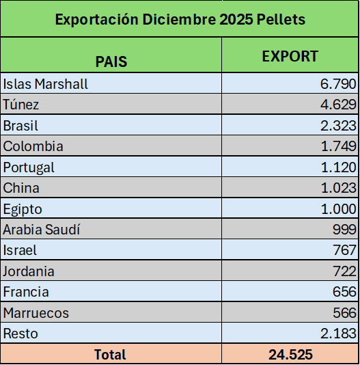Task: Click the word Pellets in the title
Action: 281,19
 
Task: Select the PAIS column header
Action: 111,62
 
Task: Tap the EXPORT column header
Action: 290,56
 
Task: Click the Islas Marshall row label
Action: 45,84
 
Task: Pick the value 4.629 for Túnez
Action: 338,105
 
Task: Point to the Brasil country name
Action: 20,126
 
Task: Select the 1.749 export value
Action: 338,146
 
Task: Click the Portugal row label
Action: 29,167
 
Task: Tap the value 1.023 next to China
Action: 338,188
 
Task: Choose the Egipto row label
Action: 23,209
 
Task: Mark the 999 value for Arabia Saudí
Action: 344,230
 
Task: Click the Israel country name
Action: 20,250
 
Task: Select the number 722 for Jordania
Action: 344,271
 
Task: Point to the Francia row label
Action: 26,292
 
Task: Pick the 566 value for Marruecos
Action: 344,312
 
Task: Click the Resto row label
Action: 20,334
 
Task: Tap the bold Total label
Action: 110,355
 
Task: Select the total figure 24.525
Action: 290,355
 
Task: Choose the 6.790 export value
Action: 338,84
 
